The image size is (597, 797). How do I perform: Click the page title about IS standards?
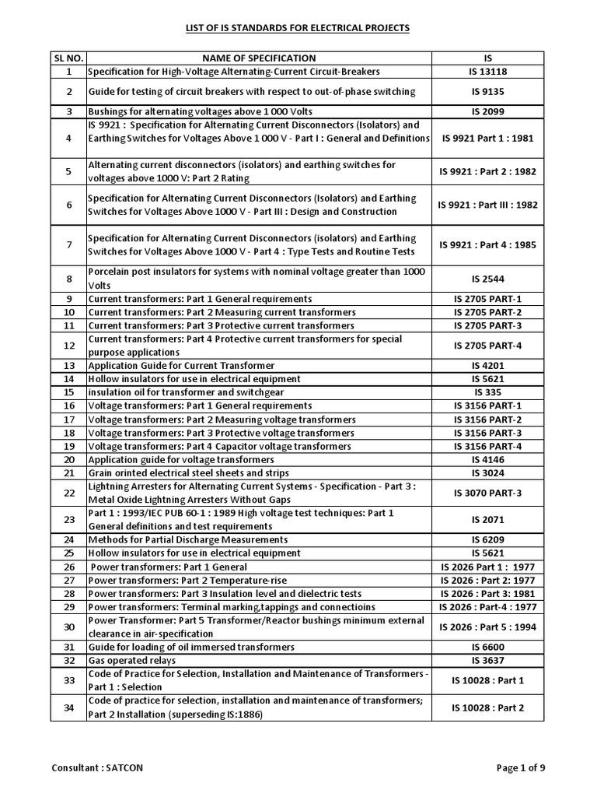point(296,28)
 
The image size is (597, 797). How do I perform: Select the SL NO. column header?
point(68,58)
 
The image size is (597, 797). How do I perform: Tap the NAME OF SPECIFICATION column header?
point(259,58)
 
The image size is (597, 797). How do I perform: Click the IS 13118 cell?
point(487,72)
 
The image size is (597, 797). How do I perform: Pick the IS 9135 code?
point(487,92)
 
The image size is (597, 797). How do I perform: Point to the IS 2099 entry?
point(487,111)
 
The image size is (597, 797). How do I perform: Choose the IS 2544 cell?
point(487,278)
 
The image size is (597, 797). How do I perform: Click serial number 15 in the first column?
point(68,392)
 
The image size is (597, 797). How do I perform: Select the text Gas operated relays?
point(129,660)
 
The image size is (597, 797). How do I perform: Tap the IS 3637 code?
point(487,660)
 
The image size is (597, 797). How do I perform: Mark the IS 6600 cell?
point(487,647)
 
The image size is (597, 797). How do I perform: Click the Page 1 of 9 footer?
point(520,767)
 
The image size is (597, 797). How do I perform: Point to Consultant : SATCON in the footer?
point(97,767)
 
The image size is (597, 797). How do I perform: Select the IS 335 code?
point(487,392)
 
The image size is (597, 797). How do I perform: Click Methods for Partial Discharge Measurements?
point(188,539)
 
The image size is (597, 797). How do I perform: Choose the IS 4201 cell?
point(487,365)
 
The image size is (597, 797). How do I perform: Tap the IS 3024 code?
point(487,472)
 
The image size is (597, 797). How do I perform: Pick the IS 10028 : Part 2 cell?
point(487,707)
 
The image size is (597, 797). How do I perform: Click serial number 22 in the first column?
point(68,493)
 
